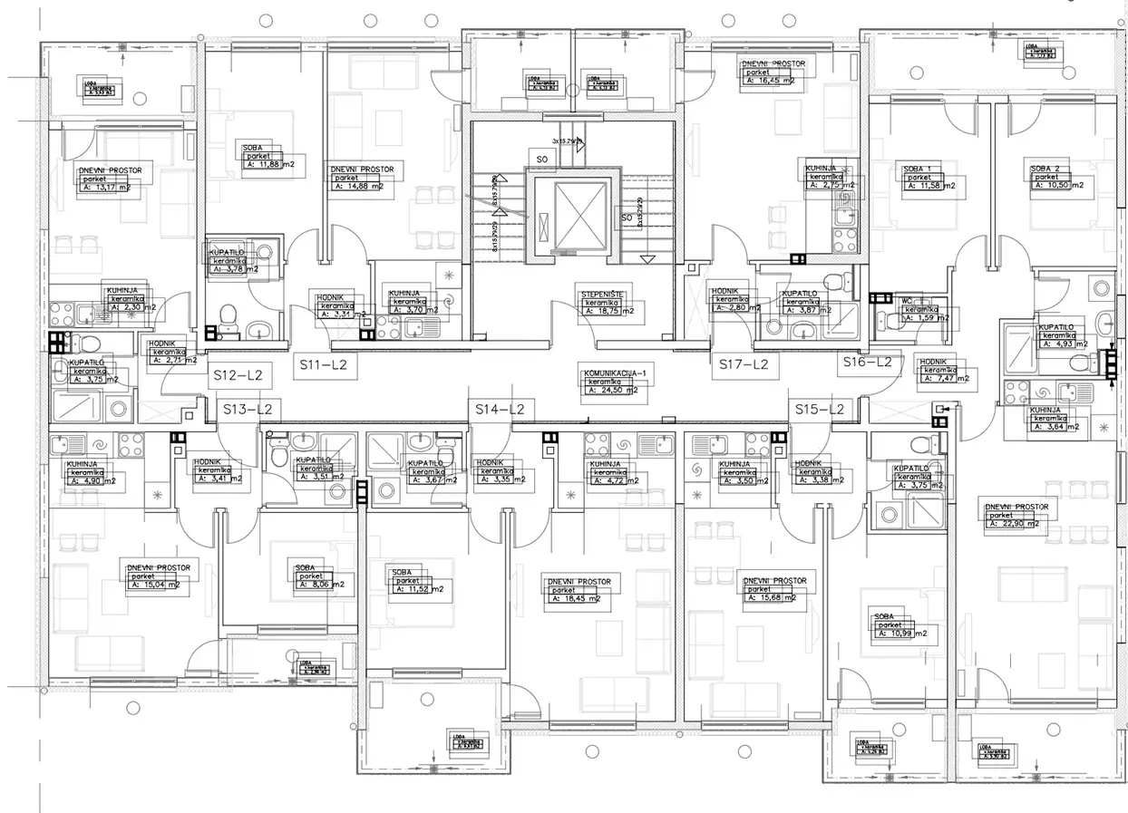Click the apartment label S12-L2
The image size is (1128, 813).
click(x=237, y=374)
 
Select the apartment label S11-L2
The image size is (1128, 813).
click(x=325, y=365)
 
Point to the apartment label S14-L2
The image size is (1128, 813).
click(x=501, y=410)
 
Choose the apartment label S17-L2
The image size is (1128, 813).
click(x=744, y=364)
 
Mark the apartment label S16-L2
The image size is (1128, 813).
click(x=867, y=363)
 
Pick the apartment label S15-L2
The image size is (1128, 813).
click(x=820, y=410)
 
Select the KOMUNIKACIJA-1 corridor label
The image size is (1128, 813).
click(x=613, y=373)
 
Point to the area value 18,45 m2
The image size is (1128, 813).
click(x=580, y=599)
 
